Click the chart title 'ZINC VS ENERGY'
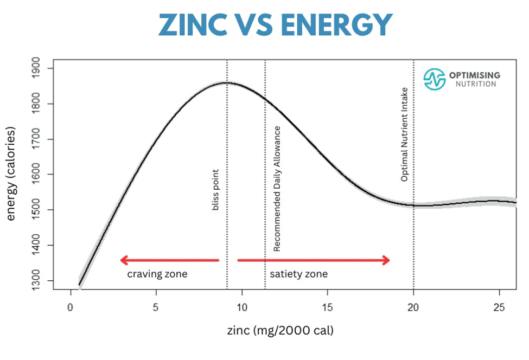click(275, 24)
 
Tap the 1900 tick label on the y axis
click(41, 68)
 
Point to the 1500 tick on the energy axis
click(41, 210)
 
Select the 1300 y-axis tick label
click(41, 280)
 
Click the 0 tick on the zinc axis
click(70, 306)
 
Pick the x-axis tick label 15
click(327, 306)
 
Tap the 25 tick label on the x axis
click(499, 306)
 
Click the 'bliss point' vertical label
click(215, 190)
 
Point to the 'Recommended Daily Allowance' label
click(277, 189)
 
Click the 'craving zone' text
click(157, 274)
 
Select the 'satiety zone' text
click(299, 274)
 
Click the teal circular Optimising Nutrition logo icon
click(434, 79)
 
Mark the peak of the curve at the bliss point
click(227, 83)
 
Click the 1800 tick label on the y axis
click(41, 104)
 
